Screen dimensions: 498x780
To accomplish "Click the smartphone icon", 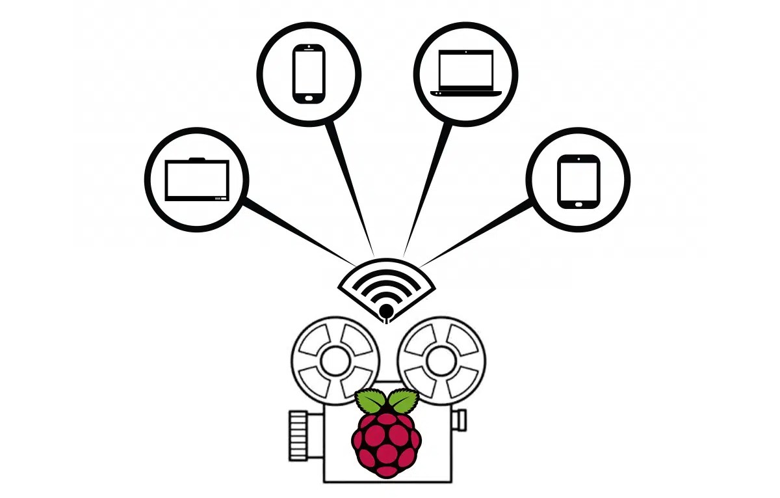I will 309,74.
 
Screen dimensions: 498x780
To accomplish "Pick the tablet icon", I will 578,181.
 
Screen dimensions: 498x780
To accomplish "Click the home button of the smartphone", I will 309,98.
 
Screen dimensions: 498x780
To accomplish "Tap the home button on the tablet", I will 578,203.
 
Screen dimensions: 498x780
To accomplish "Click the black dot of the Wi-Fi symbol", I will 386,310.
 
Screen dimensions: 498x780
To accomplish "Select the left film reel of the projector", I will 335,359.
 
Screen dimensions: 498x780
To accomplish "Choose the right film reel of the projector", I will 441,359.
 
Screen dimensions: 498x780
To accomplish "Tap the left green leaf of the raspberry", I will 370,400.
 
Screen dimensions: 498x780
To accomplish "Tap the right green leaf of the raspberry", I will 403,400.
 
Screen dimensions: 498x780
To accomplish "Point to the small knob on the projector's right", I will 459,420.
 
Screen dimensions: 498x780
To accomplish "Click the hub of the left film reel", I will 335,359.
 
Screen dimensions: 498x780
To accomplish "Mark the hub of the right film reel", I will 441,359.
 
